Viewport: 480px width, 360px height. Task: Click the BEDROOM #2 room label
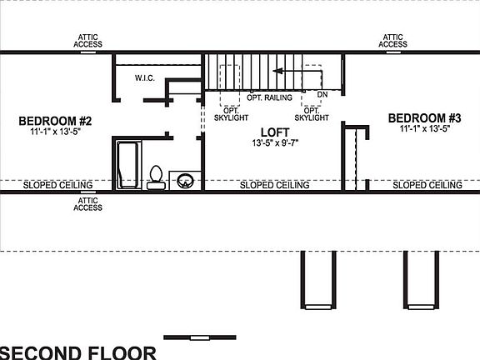point(55,122)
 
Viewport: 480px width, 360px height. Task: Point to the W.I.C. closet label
point(147,78)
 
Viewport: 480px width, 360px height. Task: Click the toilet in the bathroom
point(156,177)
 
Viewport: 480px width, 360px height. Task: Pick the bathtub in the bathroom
point(128,164)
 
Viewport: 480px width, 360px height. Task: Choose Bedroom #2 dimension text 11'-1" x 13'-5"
point(55,132)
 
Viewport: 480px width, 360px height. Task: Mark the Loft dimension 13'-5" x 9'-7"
point(274,143)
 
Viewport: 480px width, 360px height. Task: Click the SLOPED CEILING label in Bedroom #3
point(427,185)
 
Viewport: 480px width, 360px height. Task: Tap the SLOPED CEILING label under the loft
point(274,185)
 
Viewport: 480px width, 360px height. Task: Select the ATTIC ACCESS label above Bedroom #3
point(393,40)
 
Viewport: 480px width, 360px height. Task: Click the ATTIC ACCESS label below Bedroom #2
point(88,203)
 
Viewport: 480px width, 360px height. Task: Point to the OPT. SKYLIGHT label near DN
point(312,114)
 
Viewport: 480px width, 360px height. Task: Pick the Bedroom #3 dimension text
point(425,129)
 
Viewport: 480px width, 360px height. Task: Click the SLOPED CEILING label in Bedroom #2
point(57,185)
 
